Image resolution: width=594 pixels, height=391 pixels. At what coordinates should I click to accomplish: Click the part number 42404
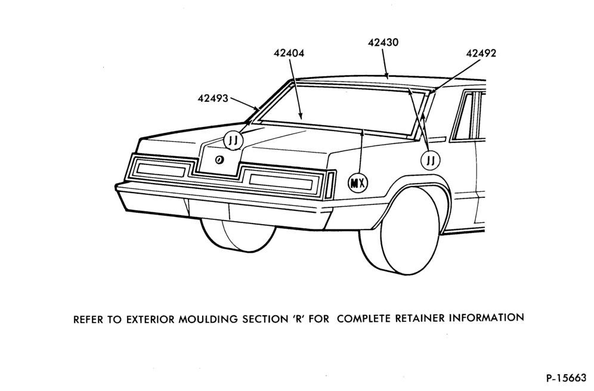pyautogui.click(x=289, y=54)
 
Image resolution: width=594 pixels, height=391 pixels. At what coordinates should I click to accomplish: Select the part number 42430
pyautogui.click(x=383, y=42)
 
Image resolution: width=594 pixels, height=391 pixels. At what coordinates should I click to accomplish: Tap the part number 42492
pyautogui.click(x=481, y=54)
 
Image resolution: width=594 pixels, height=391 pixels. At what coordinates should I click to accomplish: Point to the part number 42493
pyautogui.click(x=213, y=98)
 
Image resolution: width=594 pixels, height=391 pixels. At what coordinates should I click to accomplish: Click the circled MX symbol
pyautogui.click(x=358, y=183)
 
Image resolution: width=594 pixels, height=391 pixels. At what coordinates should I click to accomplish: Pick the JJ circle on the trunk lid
pyautogui.click(x=233, y=141)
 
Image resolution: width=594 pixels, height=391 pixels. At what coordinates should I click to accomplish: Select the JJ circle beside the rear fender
pyautogui.click(x=431, y=160)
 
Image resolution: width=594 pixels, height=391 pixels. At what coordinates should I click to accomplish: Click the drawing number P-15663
pyautogui.click(x=566, y=378)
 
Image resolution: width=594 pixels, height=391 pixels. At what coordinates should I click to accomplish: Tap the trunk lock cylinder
pyautogui.click(x=219, y=160)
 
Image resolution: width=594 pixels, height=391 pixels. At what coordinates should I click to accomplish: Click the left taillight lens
pyautogui.click(x=160, y=169)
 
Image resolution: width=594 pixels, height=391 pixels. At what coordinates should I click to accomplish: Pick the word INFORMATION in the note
pyautogui.click(x=487, y=318)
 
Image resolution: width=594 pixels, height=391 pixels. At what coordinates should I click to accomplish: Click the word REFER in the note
pyautogui.click(x=88, y=320)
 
